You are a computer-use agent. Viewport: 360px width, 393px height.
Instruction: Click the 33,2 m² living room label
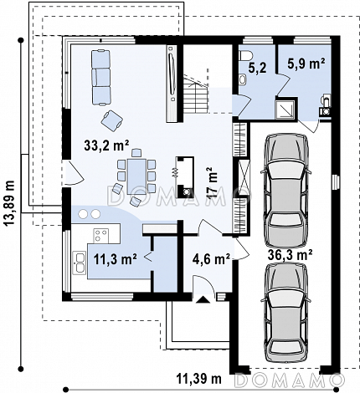pyautogui.click(x=106, y=145)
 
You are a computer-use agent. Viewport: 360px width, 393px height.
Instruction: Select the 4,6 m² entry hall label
pyautogui.click(x=211, y=259)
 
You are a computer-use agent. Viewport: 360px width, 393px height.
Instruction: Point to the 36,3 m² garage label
pyautogui.click(x=290, y=254)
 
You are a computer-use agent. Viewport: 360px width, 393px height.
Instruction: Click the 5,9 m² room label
pyautogui.click(x=306, y=64)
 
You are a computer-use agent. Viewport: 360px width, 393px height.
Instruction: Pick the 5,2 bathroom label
pyautogui.click(x=257, y=68)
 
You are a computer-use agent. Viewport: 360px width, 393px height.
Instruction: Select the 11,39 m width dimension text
pyautogui.click(x=199, y=379)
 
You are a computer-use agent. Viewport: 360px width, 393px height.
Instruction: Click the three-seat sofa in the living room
pyautogui.click(x=101, y=78)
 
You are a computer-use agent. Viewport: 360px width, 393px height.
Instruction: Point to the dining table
pyautogui.click(x=136, y=176)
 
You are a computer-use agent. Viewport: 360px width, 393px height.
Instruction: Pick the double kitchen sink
pyautogui.click(x=79, y=262)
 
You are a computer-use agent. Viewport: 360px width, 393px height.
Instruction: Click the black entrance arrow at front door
pyautogui.click(x=203, y=299)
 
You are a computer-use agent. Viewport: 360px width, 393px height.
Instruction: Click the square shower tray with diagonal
pyautogui.click(x=285, y=110)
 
